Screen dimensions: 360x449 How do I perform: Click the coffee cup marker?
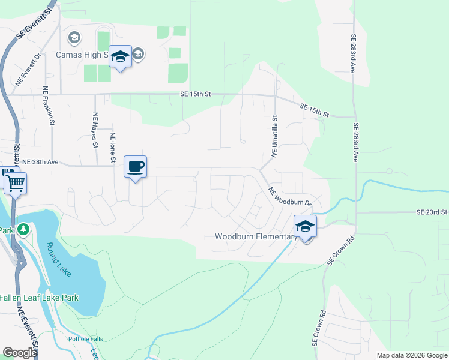click(135, 166)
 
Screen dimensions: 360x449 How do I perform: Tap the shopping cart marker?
click(15, 183)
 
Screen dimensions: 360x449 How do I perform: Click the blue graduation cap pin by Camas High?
click(120, 57)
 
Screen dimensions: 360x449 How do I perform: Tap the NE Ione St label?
click(112, 147)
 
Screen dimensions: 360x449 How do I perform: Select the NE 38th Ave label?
click(40, 162)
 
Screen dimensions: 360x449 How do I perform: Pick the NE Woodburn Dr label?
click(290, 197)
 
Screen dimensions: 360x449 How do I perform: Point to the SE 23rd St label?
click(432, 212)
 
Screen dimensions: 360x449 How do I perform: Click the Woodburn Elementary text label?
click(255, 237)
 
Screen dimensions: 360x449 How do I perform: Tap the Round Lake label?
click(59, 259)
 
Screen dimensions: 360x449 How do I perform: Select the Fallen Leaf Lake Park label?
click(40, 298)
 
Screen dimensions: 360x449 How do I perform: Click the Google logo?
click(19, 352)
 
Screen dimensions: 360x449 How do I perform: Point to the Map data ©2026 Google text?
click(411, 355)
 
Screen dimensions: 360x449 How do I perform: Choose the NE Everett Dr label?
click(29, 69)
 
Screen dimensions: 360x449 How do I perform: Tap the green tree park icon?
click(22, 229)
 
